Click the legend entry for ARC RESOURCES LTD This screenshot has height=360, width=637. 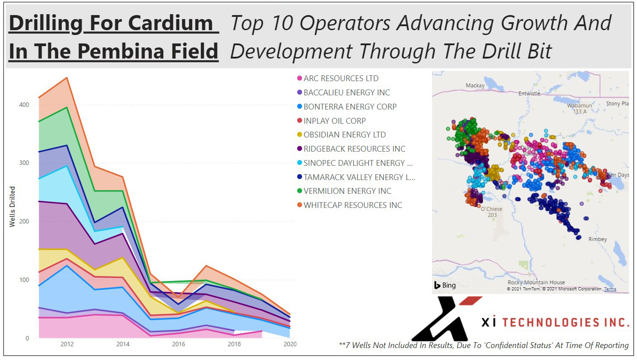[x=341, y=78]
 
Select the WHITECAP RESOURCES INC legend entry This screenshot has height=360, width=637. [x=353, y=205]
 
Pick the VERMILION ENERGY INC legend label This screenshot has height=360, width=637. [x=347, y=191]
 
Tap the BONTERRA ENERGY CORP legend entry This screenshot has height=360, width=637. [x=350, y=107]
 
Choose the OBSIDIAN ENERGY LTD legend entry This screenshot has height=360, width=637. [x=345, y=135]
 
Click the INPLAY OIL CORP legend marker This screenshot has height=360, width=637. [x=299, y=121]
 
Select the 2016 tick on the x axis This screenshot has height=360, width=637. [x=178, y=344]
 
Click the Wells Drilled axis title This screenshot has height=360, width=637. [x=12, y=207]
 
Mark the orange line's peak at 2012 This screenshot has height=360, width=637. [x=67, y=78]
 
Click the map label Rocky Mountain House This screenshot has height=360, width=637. [x=536, y=282]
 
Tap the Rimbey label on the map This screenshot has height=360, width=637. [x=598, y=239]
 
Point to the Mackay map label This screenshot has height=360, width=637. [x=475, y=86]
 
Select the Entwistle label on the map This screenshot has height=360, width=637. [x=529, y=94]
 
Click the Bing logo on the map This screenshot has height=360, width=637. [x=445, y=285]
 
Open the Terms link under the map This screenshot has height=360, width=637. [x=610, y=289]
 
